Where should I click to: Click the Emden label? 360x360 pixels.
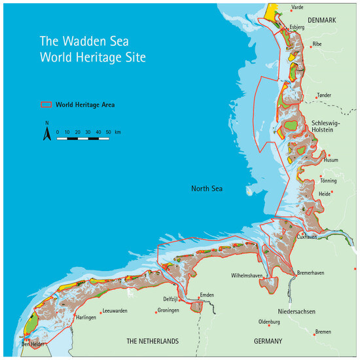click(207, 296)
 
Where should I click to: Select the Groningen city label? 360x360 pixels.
click(168, 310)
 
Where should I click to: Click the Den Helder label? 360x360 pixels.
click(33, 344)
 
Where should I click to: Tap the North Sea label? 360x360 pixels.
click(207, 189)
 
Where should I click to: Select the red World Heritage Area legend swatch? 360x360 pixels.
click(46, 104)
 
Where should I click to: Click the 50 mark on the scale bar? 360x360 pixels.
click(107, 132)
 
